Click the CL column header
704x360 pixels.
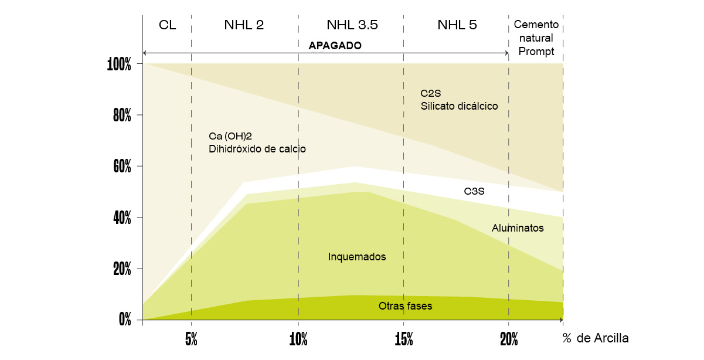click(167, 25)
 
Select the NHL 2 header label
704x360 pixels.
click(244, 25)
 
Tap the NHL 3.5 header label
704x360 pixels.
click(352, 25)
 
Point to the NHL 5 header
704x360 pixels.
click(457, 25)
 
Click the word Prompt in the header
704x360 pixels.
click(536, 52)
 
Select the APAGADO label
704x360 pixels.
click(335, 45)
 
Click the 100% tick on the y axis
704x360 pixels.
click(120, 64)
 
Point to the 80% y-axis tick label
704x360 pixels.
click(121, 116)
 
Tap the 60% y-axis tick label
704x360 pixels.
click(121, 167)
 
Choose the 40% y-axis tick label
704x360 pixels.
click(121, 218)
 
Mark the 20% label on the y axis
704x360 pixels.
click(121, 269)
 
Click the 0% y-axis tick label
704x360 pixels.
click(125, 320)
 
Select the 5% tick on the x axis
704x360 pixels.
click(191, 339)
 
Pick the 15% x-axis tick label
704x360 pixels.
click(403, 339)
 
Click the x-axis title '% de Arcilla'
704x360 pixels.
click(596, 338)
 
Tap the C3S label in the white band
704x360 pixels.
click(474, 191)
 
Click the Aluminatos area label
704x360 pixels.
click(518, 228)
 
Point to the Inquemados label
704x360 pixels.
click(357, 257)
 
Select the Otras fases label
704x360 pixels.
click(405, 305)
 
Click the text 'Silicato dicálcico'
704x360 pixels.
click(459, 106)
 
